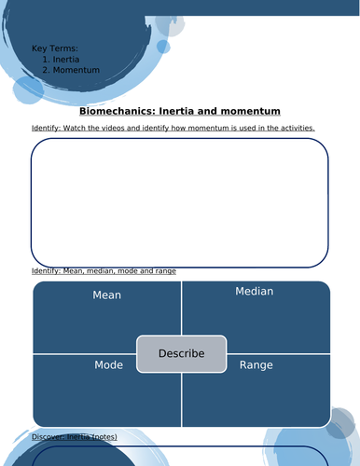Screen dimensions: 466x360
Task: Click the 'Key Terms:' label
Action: [54, 48]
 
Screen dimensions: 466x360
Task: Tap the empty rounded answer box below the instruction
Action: [179, 202]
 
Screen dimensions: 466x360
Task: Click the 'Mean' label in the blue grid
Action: [106, 295]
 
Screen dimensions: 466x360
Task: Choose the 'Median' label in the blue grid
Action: [254, 292]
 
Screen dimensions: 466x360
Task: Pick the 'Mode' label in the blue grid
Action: [108, 365]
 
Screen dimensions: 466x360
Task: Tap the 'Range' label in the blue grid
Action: [256, 365]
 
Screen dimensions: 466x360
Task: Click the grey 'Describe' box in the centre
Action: [181, 354]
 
